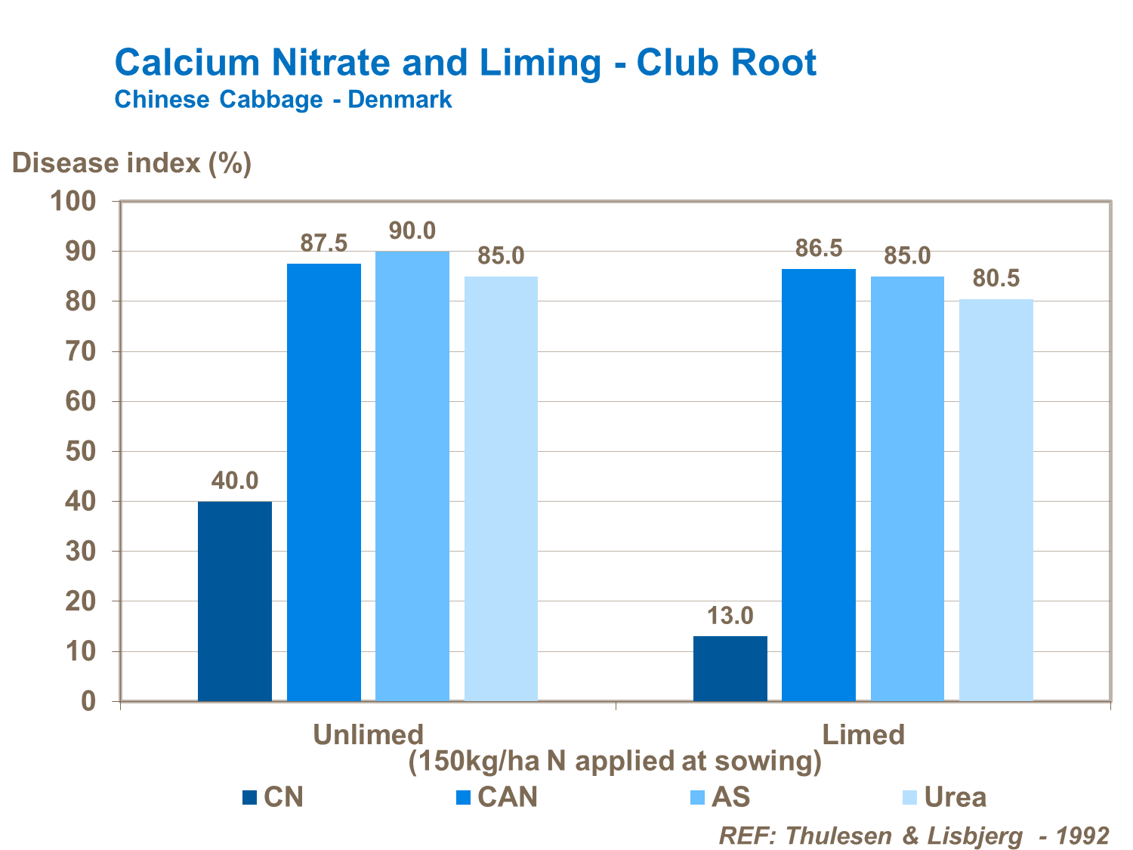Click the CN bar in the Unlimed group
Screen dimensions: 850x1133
235,601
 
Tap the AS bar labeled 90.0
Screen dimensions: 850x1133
412,476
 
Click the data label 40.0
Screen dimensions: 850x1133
235,481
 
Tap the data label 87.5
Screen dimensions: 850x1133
324,243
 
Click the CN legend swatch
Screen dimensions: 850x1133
250,797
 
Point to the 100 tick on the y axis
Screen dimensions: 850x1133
73,201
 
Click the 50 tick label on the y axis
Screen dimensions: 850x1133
81,451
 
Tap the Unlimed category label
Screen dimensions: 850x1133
368,734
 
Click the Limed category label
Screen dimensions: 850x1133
863,734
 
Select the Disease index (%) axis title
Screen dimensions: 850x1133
131,162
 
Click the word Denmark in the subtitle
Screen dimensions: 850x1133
400,99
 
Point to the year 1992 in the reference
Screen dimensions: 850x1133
1082,835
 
